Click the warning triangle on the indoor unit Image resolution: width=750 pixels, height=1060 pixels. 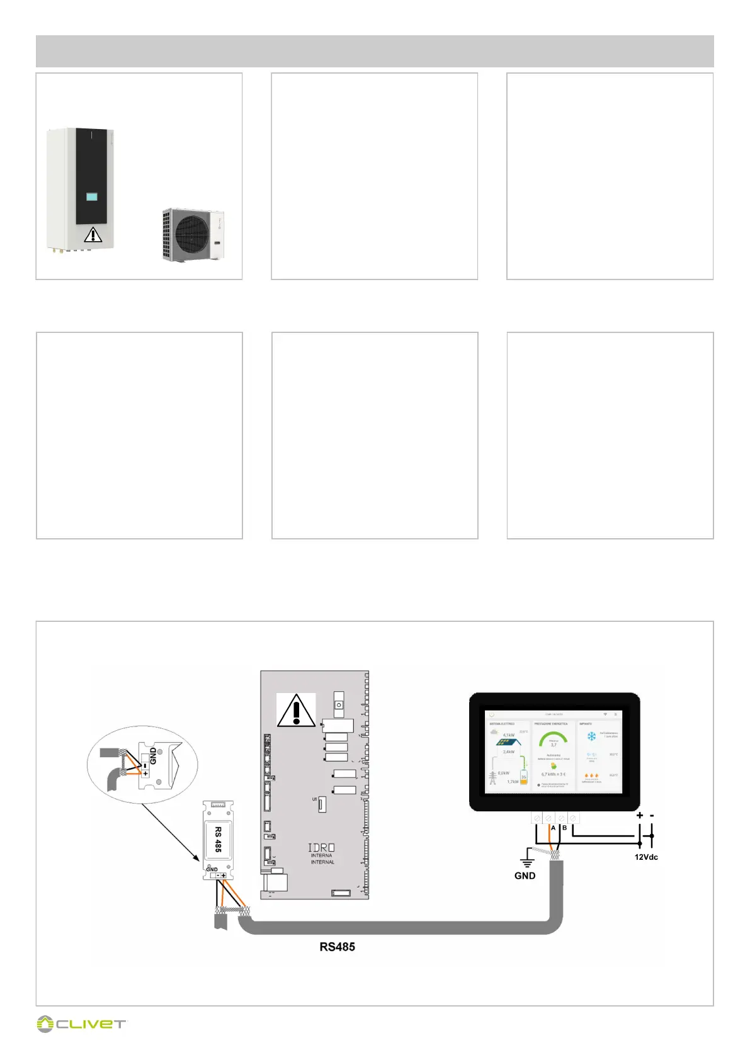pos(93,235)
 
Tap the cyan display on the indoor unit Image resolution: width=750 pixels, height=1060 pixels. pos(92,196)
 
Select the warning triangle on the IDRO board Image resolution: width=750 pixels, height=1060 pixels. pos(295,711)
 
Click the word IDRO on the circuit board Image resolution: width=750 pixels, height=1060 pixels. pos(321,848)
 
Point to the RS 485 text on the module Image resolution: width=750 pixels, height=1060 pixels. pos(218,839)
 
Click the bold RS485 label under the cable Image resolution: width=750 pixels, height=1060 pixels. pos(337,947)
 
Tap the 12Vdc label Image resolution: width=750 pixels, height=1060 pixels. pos(646,857)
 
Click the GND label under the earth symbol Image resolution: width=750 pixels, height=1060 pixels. pos(525,876)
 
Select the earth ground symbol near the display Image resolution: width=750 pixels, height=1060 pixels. pos(527,859)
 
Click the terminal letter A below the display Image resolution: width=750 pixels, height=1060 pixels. pos(553,828)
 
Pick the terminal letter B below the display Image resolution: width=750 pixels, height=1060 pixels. pos(564,828)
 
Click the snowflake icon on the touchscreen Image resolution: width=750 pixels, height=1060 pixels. pos(591,736)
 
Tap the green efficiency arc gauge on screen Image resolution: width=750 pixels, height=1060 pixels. pos(554,738)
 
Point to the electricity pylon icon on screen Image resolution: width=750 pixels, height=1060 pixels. pos(493,778)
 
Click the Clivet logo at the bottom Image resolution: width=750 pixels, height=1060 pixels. pos(81,1024)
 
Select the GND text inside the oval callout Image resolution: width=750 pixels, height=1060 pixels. pos(153,755)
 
